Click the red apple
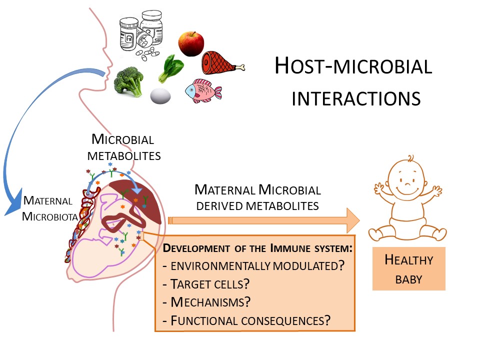(190, 44)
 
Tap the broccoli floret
(129, 81)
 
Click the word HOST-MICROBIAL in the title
(353, 66)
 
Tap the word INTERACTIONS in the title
(355, 98)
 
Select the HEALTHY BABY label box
(408, 269)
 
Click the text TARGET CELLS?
(206, 283)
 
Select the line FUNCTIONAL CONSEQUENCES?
(247, 320)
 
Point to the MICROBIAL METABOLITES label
(124, 147)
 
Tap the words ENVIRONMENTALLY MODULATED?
(254, 265)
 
